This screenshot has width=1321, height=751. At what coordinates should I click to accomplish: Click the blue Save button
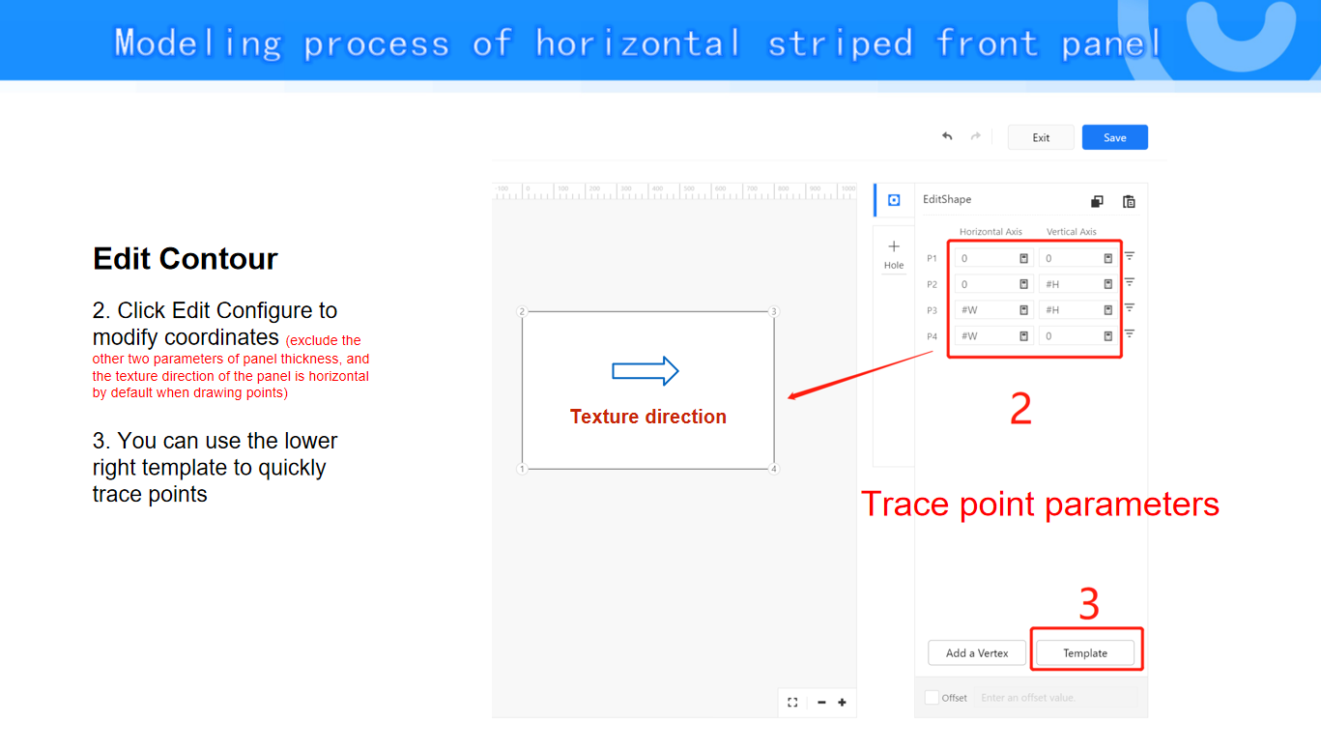point(1114,137)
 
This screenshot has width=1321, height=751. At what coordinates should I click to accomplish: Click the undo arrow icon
point(947,137)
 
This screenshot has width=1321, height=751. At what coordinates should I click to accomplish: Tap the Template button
point(1085,653)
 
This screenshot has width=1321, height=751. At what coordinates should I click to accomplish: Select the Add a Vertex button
point(977,653)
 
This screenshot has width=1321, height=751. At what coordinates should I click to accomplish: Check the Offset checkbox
point(932,697)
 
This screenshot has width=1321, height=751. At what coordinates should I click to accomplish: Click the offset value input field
point(1055,697)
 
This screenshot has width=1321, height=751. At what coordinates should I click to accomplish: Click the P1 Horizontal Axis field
point(992,258)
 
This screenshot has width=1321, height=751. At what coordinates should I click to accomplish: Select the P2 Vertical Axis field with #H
point(1077,284)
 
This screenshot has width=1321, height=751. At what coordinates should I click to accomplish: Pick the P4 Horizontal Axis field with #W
point(992,336)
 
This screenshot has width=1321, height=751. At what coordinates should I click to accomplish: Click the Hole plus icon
point(894,246)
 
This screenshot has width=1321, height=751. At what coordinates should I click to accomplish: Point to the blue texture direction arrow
point(646,371)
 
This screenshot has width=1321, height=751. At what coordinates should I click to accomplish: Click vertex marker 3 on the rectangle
point(774,311)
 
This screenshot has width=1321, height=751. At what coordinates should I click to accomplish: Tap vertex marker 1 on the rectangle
point(522,469)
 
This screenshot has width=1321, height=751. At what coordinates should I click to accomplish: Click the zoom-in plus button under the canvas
point(842,702)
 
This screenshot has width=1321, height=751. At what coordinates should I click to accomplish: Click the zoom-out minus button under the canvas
point(821,702)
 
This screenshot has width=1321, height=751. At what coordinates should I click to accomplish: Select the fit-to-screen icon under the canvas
point(792,702)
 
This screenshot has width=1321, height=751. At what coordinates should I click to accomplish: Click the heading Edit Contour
point(186,259)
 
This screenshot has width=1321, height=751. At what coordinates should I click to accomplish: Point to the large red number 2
point(1020,408)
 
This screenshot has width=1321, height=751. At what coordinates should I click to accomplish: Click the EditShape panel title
point(947,199)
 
